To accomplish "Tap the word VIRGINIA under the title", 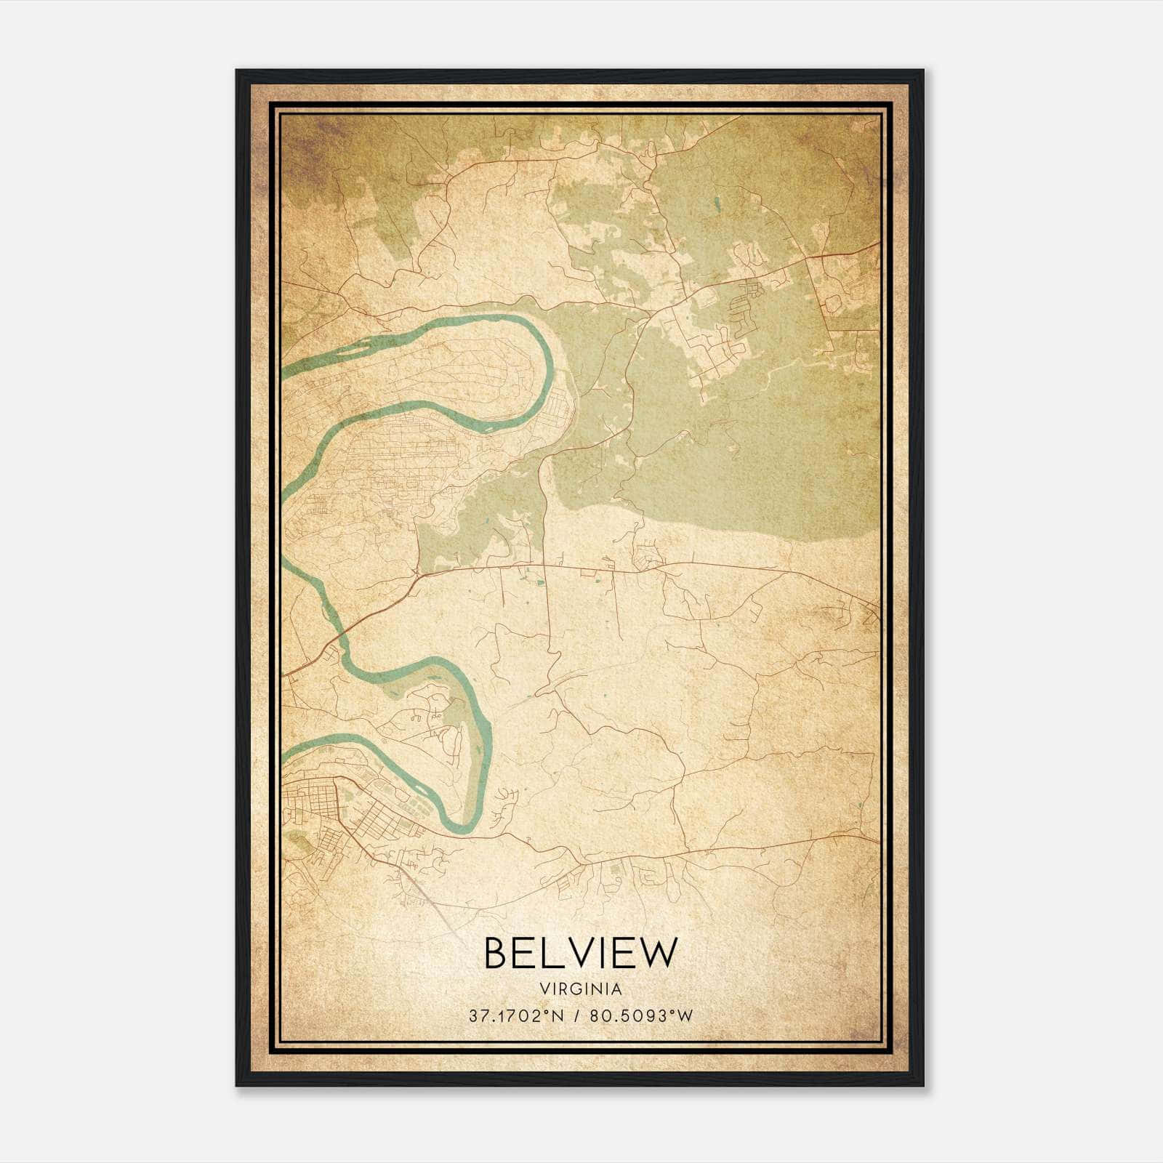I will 580,989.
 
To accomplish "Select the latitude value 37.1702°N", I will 517,1016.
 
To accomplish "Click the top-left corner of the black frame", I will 236,71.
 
